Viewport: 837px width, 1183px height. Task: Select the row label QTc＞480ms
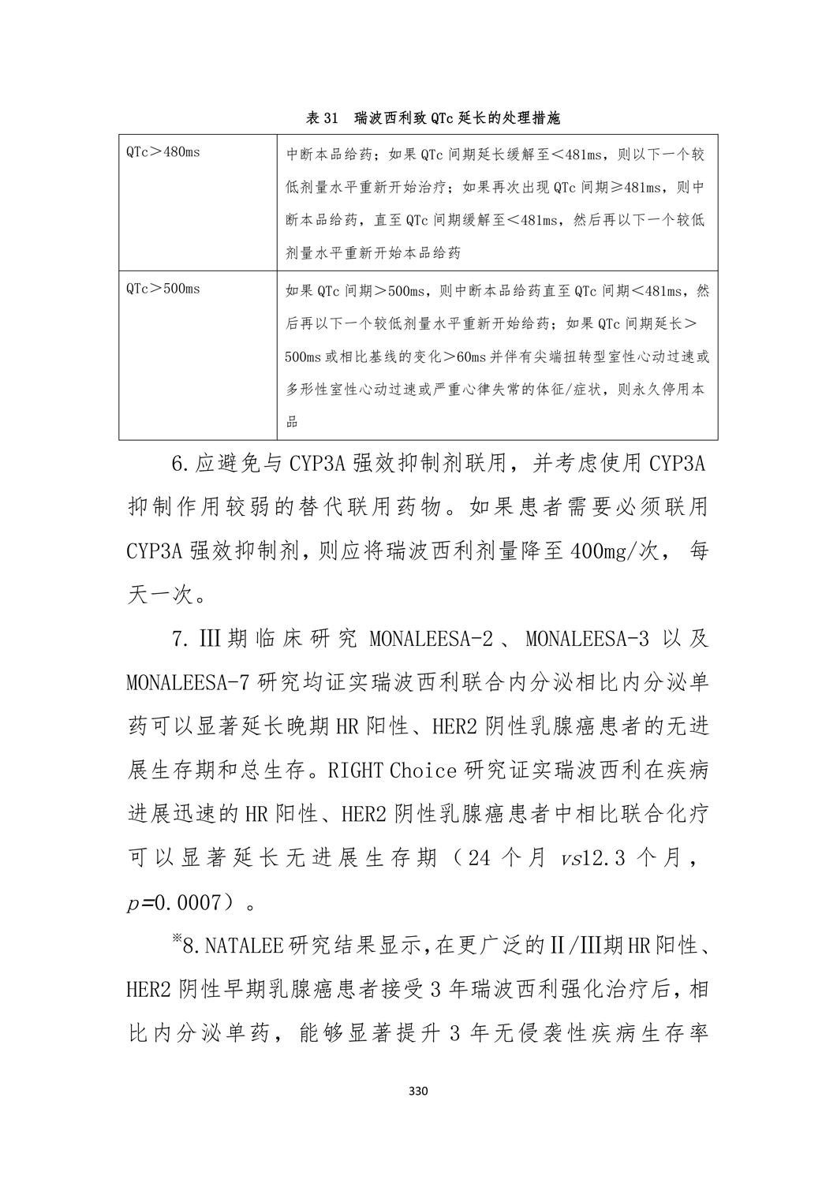pos(163,151)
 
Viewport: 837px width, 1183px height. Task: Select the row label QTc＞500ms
pos(163,289)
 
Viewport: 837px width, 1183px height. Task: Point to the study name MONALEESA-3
pos(588,639)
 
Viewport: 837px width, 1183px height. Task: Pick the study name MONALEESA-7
pos(182,683)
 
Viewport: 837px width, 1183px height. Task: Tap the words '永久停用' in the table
pos(647,390)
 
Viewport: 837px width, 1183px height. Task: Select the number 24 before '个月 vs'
pos(480,858)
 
